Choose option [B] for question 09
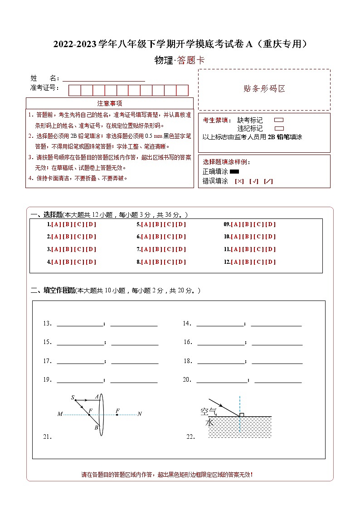click(248, 224)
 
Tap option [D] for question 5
click(180, 224)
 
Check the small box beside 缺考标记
click(279, 121)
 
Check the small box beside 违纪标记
click(279, 128)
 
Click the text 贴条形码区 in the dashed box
click(264, 89)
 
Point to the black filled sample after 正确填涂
click(234, 172)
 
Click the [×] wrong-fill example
click(239, 181)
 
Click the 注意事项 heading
click(110, 103)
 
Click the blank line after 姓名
click(104, 78)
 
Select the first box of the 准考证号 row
click(74, 90)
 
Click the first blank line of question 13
click(80, 324)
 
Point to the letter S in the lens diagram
click(73, 398)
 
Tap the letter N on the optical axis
click(140, 414)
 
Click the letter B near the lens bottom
click(96, 427)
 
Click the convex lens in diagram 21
click(102, 414)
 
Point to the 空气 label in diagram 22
click(209, 412)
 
